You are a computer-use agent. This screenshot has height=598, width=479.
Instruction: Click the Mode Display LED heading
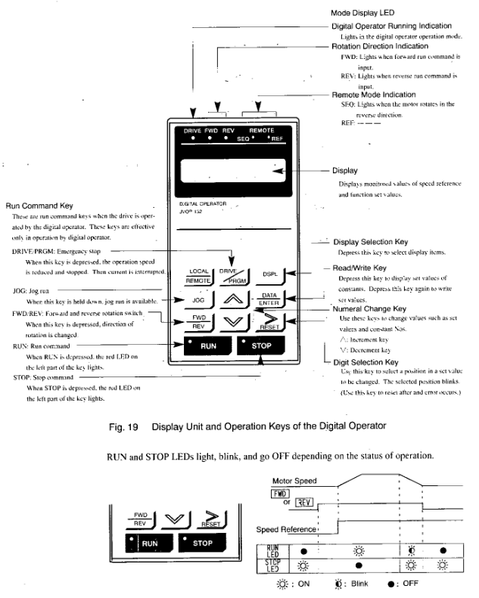tap(365, 13)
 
